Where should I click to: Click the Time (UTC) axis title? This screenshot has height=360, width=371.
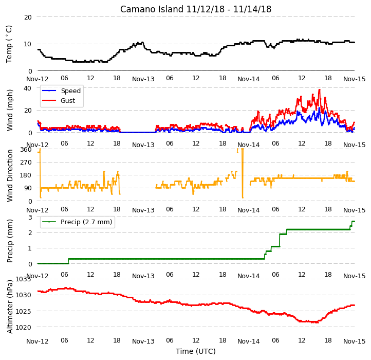tap(196, 351)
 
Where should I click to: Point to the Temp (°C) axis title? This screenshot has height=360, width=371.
tap(9, 44)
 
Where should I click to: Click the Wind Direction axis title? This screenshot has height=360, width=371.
tap(10, 175)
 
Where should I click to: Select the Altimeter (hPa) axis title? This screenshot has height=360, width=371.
tap(10, 307)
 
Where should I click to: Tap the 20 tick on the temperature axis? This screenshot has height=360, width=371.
tap(28, 17)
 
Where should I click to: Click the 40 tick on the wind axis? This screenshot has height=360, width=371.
tap(28, 88)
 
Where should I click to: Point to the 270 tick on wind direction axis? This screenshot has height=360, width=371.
tap(26, 163)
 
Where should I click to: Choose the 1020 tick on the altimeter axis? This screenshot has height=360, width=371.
tap(24, 327)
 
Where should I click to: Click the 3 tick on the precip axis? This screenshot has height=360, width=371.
tap(30, 217)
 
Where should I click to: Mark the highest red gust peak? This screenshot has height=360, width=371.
tap(319, 90)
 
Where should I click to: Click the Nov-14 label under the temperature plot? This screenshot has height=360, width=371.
tap(248, 79)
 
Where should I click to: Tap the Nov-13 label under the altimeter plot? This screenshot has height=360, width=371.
tap(143, 341)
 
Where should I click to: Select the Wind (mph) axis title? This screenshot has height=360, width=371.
tap(10, 110)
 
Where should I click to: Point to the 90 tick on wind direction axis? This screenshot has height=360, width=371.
tap(28, 188)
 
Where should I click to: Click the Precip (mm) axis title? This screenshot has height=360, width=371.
tap(10, 241)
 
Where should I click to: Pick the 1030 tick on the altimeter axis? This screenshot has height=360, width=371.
tap(24, 295)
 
